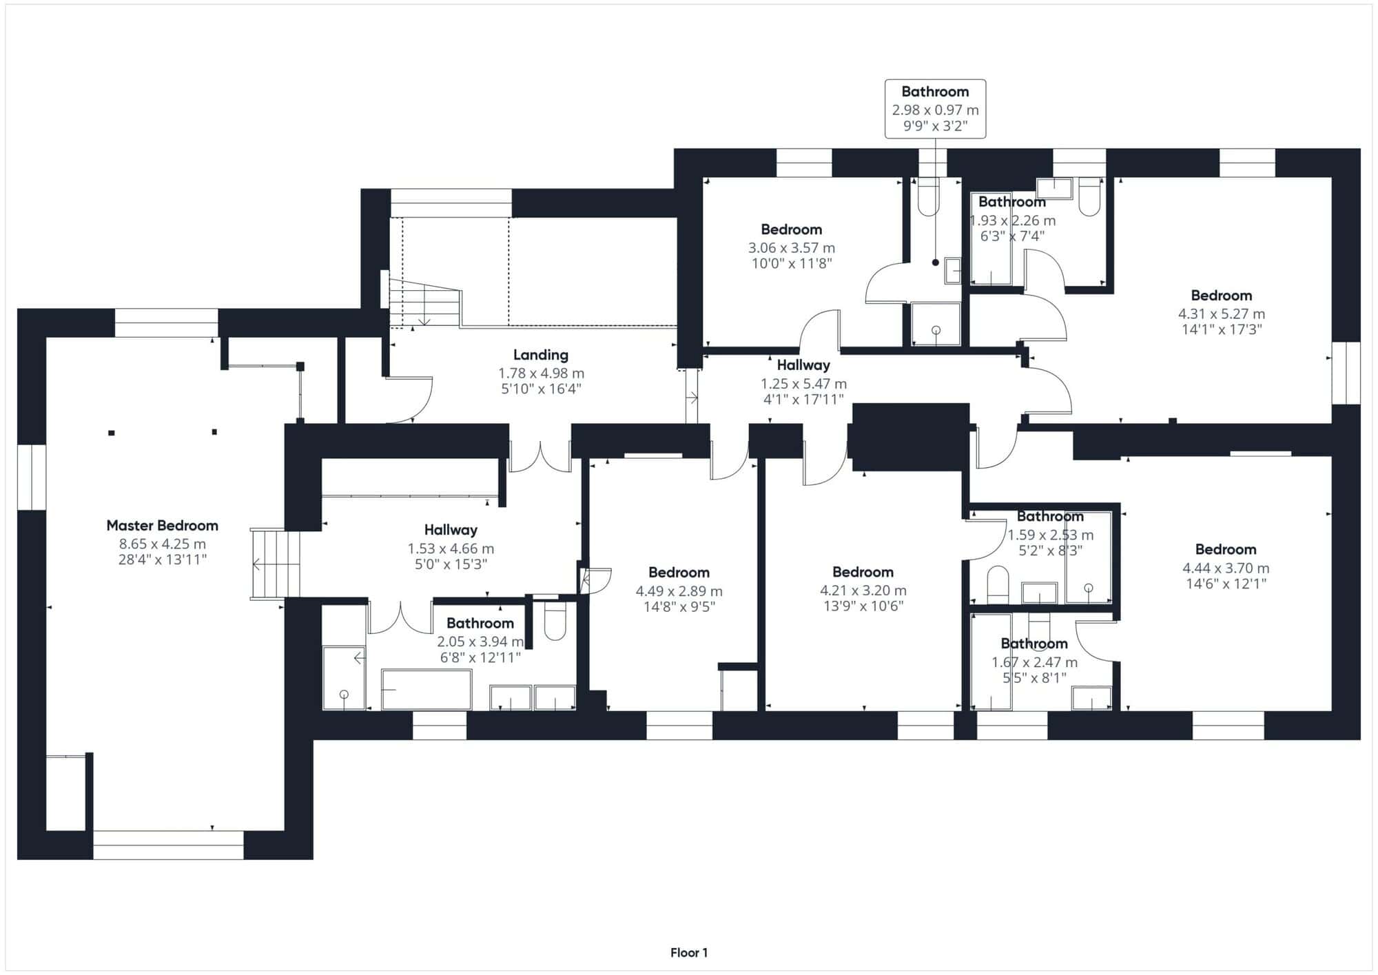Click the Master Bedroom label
pyautogui.click(x=162, y=526)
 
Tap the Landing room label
pyautogui.click(x=541, y=355)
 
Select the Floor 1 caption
pyautogui.click(x=689, y=953)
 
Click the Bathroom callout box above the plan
pyautogui.click(x=935, y=109)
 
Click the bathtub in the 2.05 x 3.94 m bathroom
pyautogui.click(x=426, y=689)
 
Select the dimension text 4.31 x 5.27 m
pyautogui.click(x=1222, y=314)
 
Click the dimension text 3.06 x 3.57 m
pyautogui.click(x=792, y=247)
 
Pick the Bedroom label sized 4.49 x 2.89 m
pyautogui.click(x=679, y=573)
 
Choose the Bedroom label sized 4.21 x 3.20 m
pyautogui.click(x=863, y=572)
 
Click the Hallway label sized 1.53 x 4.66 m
pyautogui.click(x=451, y=530)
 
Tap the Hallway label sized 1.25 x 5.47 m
pyautogui.click(x=803, y=365)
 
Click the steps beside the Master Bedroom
pyautogui.click(x=276, y=564)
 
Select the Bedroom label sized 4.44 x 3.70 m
pyautogui.click(x=1226, y=549)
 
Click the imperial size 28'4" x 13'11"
pyautogui.click(x=163, y=560)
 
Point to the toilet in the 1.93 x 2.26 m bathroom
pyautogui.click(x=1089, y=197)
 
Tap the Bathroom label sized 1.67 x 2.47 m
pyautogui.click(x=1034, y=644)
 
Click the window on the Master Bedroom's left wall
pyautogui.click(x=32, y=478)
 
